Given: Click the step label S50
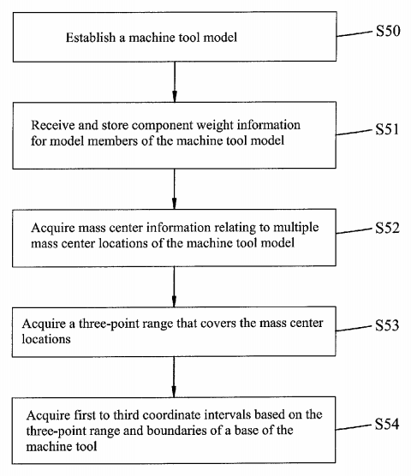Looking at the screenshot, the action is [x=388, y=31].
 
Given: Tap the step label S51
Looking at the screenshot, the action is [x=387, y=129].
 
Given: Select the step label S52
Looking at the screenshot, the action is [x=387, y=228].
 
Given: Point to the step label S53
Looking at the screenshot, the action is [x=387, y=325].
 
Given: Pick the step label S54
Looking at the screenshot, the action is [x=387, y=424].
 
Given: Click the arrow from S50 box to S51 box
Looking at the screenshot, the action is [x=175, y=81].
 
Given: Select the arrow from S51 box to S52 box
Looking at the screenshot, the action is [x=174, y=189].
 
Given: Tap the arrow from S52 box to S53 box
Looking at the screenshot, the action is [x=174, y=287].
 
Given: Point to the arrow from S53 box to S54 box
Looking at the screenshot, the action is [x=174, y=377].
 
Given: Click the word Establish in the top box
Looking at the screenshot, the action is [x=91, y=38].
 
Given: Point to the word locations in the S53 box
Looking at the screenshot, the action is [x=46, y=339].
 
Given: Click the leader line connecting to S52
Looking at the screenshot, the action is [x=354, y=231].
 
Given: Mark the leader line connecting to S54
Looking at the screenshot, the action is [x=354, y=427].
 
